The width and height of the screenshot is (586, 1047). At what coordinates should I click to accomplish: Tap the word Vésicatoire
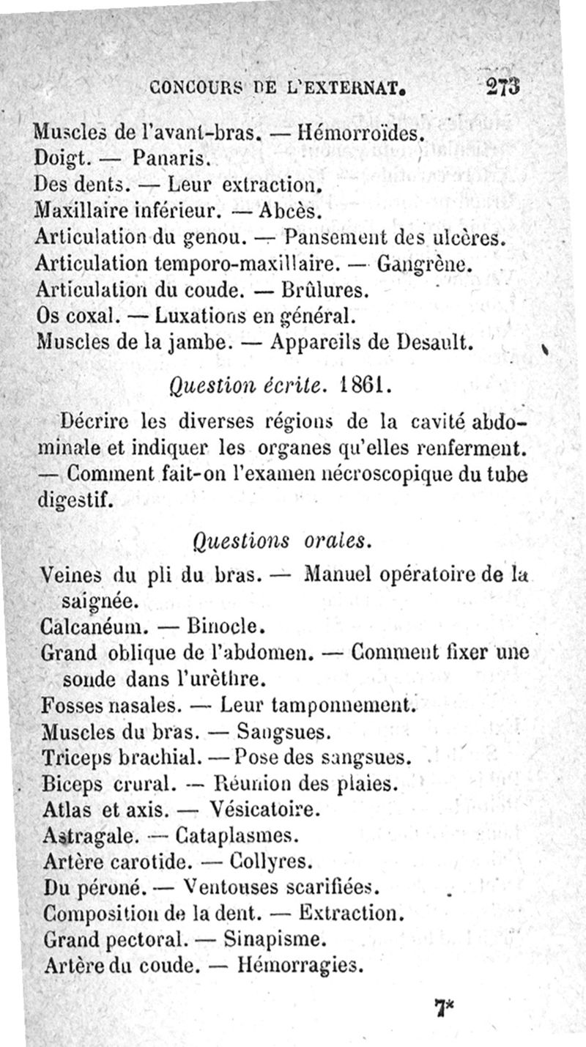coord(264,810)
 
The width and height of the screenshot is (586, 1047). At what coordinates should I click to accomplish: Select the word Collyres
coord(271,861)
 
